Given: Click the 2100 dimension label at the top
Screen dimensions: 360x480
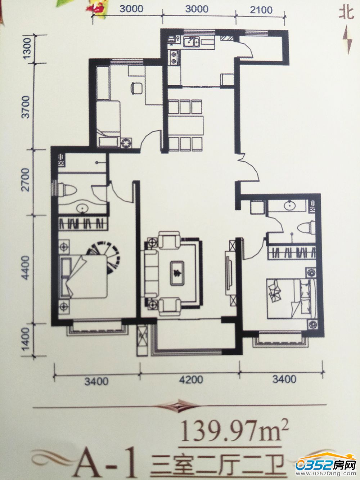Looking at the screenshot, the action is click(x=261, y=10).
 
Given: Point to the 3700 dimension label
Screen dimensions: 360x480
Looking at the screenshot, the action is click(x=26, y=107).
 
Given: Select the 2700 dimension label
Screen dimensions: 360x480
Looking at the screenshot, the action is click(x=26, y=180).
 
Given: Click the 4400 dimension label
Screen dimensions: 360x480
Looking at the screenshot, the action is click(x=26, y=268).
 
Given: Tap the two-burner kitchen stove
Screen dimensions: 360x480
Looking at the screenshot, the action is click(x=174, y=58).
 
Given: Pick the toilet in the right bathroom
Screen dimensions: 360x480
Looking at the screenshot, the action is click(x=306, y=228).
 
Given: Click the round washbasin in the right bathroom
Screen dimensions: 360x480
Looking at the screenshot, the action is click(x=289, y=205).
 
